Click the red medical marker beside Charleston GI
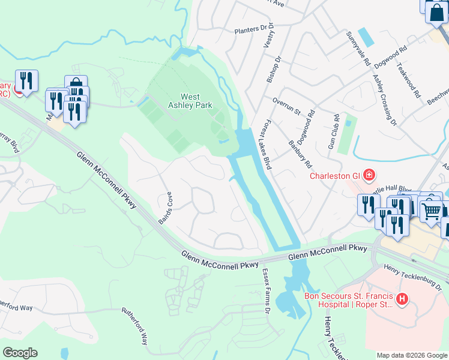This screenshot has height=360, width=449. click(x=369, y=175)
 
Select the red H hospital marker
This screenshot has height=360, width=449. click(x=402, y=298)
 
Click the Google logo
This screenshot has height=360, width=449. click(x=20, y=353)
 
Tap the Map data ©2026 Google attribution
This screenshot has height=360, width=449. click(x=412, y=355)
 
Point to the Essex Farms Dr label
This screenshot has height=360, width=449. click(x=265, y=291)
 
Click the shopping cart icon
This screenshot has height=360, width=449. click(x=430, y=211)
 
